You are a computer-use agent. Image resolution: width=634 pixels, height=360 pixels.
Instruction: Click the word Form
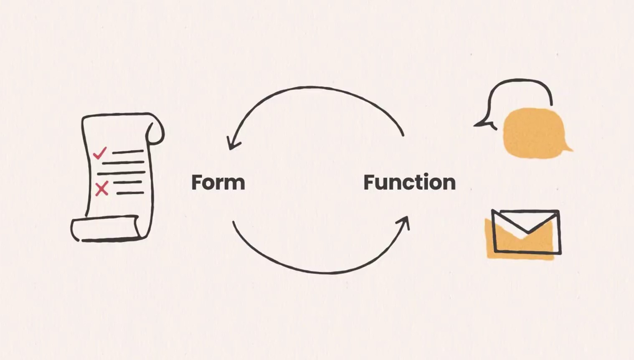point(218,183)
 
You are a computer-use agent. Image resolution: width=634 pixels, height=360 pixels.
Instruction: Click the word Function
point(409,183)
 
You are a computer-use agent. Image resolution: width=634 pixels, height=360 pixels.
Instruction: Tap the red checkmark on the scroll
point(99,153)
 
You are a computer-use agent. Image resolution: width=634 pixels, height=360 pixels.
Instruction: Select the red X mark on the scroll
point(101,189)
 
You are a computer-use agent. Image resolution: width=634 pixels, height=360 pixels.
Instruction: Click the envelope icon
point(526,232)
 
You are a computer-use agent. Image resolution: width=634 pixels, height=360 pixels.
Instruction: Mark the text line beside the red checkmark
point(128,152)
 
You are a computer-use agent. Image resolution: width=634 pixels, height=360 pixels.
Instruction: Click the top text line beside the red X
point(127,183)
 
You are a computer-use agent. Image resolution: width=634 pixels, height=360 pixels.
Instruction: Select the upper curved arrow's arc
point(317,89)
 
